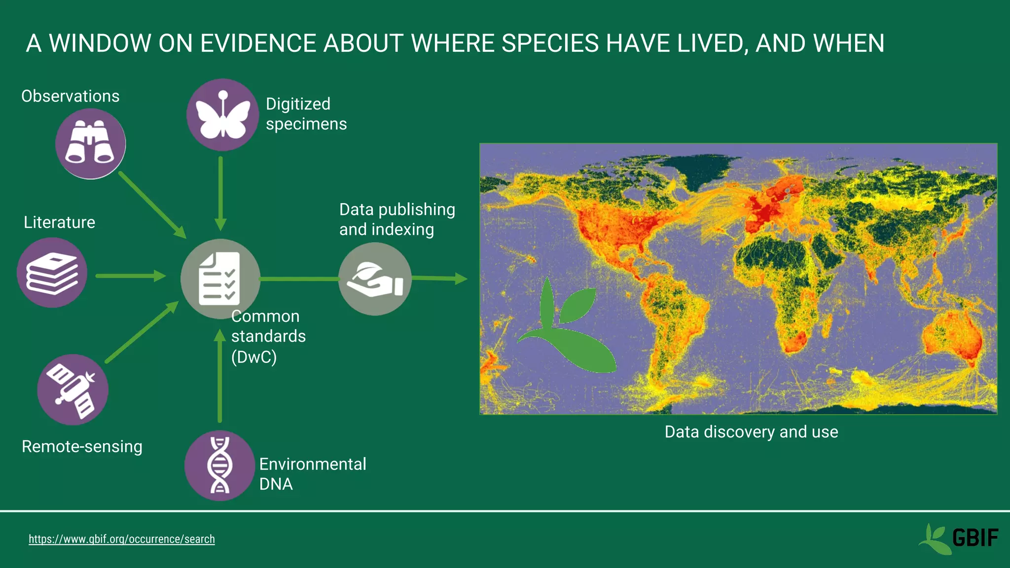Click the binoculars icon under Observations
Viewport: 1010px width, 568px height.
coord(90,143)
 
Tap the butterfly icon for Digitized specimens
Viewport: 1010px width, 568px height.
coord(222,115)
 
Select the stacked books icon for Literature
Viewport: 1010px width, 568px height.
coord(52,273)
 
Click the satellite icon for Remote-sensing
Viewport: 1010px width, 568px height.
coord(73,390)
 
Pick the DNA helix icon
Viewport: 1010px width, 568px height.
coord(219,465)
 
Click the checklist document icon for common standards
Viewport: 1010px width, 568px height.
coord(219,279)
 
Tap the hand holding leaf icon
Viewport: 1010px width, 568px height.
coord(375,279)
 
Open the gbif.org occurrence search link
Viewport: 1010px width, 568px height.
coord(121,539)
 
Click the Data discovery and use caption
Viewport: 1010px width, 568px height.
coord(751,432)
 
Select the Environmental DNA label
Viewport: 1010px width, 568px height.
coord(312,474)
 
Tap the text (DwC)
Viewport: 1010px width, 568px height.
coord(254,357)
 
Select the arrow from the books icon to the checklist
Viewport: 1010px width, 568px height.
coord(130,276)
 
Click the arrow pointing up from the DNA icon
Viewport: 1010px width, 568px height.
coord(220,377)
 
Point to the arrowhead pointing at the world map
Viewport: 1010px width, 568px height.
coord(461,279)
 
